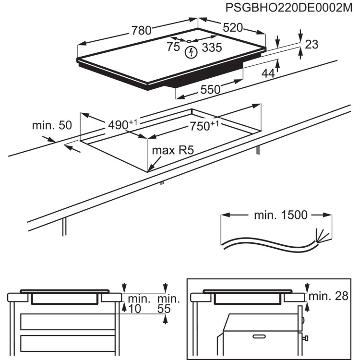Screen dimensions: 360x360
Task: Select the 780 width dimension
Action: [142, 31]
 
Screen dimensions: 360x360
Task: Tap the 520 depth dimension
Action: [232, 27]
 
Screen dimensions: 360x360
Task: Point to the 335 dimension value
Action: [212, 47]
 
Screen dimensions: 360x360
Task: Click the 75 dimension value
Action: [173, 47]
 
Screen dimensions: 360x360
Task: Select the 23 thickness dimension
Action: [312, 45]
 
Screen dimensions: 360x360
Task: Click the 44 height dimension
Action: [268, 73]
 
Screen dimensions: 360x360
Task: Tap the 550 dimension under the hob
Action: [210, 89]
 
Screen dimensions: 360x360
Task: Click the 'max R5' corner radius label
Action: [172, 150]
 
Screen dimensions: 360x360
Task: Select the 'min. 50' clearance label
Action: [52, 126]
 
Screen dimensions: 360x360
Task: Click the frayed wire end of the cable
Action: [319, 237]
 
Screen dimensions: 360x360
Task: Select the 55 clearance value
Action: [164, 310]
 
